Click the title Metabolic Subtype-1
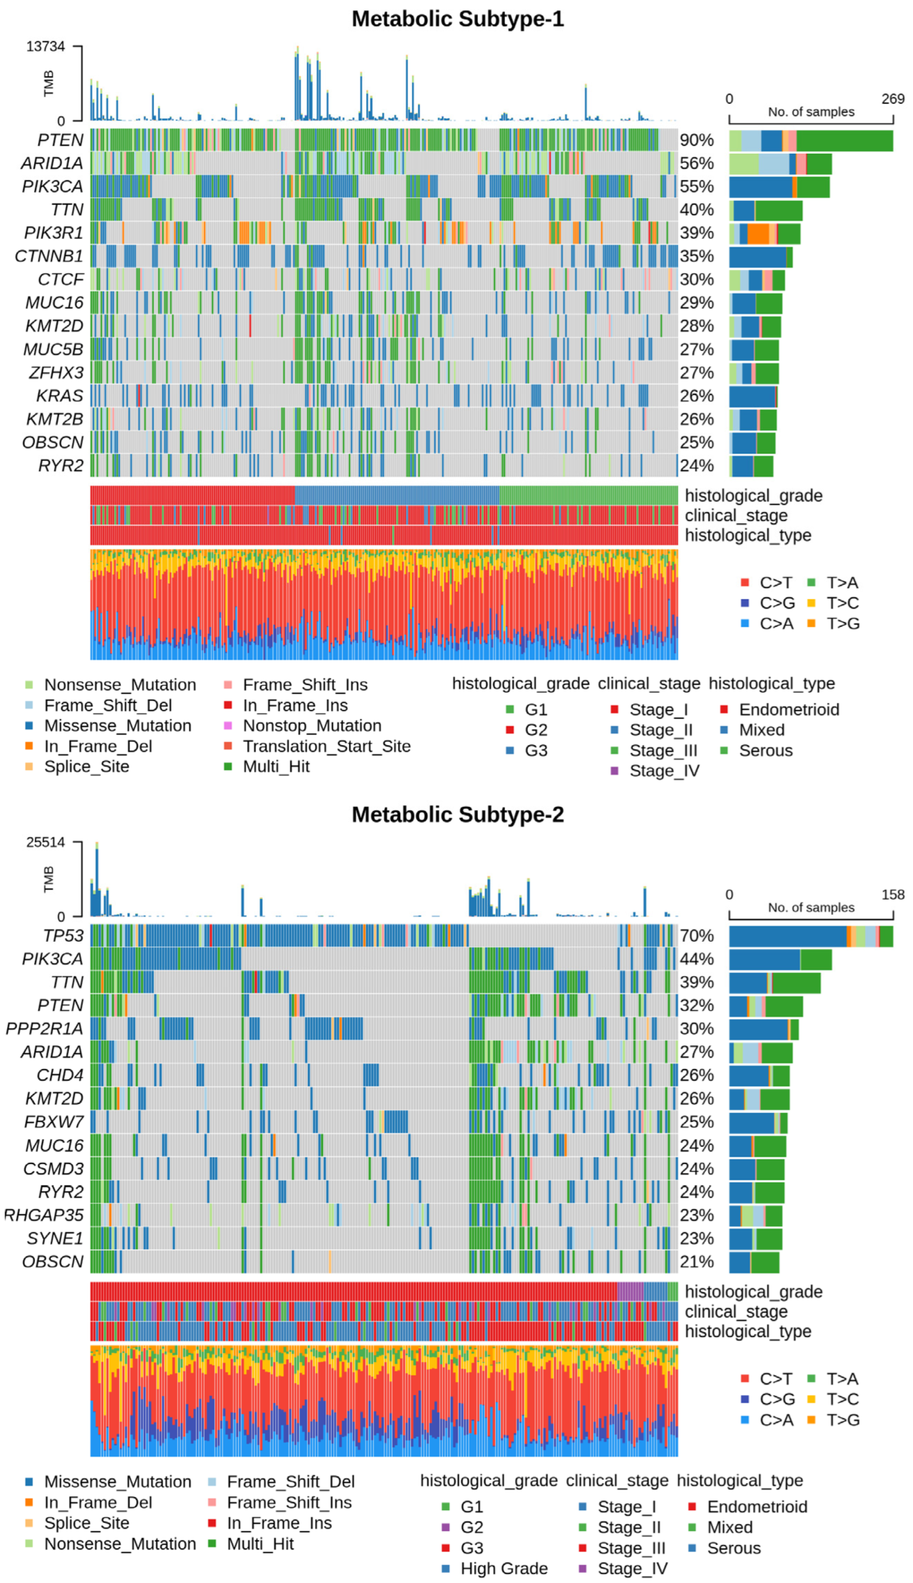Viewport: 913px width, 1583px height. (x=457, y=19)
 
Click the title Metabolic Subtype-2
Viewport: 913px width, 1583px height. (x=457, y=814)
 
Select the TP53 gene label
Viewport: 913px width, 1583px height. (x=63, y=936)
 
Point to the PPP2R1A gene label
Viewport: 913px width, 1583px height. (x=44, y=1028)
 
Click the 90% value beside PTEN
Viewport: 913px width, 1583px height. (x=697, y=140)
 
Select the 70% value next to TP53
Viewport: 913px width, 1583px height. (x=697, y=936)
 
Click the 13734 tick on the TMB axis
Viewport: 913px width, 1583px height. (x=45, y=46)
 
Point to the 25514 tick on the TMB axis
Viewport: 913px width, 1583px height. (x=45, y=842)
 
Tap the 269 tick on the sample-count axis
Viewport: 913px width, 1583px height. (x=892, y=99)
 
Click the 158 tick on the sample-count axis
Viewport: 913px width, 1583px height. (x=892, y=895)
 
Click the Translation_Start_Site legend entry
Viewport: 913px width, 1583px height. (x=326, y=746)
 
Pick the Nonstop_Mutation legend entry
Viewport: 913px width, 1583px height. (x=312, y=725)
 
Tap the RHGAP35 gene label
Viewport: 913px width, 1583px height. (x=44, y=1215)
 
